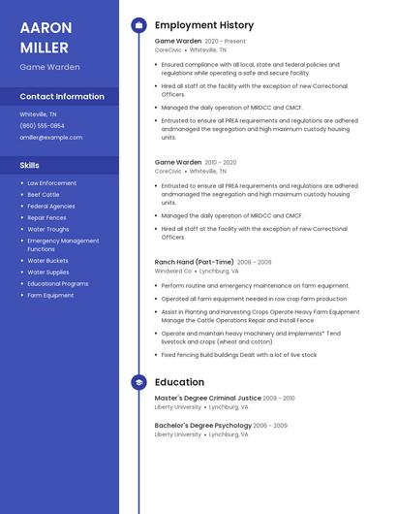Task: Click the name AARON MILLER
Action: click(45, 37)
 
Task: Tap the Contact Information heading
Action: click(62, 97)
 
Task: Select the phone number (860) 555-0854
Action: click(43, 126)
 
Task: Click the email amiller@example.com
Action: click(51, 138)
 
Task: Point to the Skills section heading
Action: click(29, 166)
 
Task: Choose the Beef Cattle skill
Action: click(44, 195)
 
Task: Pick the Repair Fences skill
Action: click(47, 218)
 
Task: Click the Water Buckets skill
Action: click(48, 261)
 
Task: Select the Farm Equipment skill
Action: click(50, 296)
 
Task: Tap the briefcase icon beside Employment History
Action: click(138, 25)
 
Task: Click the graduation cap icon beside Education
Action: click(138, 383)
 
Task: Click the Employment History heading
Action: click(204, 25)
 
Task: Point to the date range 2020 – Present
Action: click(226, 42)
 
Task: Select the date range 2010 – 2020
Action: click(221, 163)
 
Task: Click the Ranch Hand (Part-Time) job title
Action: click(194, 262)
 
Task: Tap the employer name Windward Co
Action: click(173, 272)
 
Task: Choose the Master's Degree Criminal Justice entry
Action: click(208, 399)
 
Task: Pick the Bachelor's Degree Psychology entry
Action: click(204, 426)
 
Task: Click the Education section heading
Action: click(179, 383)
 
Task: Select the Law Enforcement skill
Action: click(52, 183)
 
